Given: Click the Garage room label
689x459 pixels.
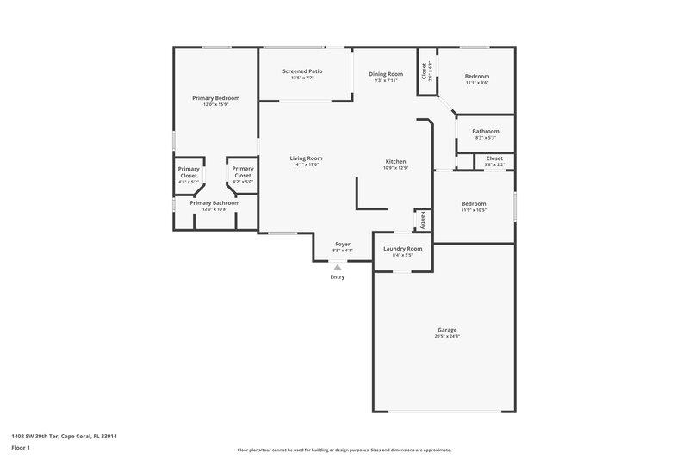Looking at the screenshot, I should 446,330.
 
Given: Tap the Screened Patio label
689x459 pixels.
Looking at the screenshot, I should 302,71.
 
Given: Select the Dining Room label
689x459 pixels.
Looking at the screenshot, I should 386,74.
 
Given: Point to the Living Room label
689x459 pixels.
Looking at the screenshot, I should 306,158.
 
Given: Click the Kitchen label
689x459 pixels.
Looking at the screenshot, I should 395,161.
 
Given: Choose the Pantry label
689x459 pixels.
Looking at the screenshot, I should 423,220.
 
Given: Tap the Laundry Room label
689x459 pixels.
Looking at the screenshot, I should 402,248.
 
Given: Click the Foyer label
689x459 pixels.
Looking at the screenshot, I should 343,245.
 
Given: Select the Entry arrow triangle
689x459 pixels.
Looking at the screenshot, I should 338,268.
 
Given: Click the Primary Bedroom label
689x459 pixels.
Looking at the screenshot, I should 215,98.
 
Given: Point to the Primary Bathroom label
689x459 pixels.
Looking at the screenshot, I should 214,202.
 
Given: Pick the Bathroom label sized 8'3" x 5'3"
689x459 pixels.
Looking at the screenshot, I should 485,131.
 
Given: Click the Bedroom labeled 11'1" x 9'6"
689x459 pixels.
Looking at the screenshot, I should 477,76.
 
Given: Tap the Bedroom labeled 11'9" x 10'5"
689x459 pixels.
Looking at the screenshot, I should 474,203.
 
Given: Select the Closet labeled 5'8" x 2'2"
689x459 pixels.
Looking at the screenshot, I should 494,158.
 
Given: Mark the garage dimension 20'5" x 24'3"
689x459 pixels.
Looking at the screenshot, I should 446,336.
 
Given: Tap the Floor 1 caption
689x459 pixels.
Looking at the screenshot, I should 21,448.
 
